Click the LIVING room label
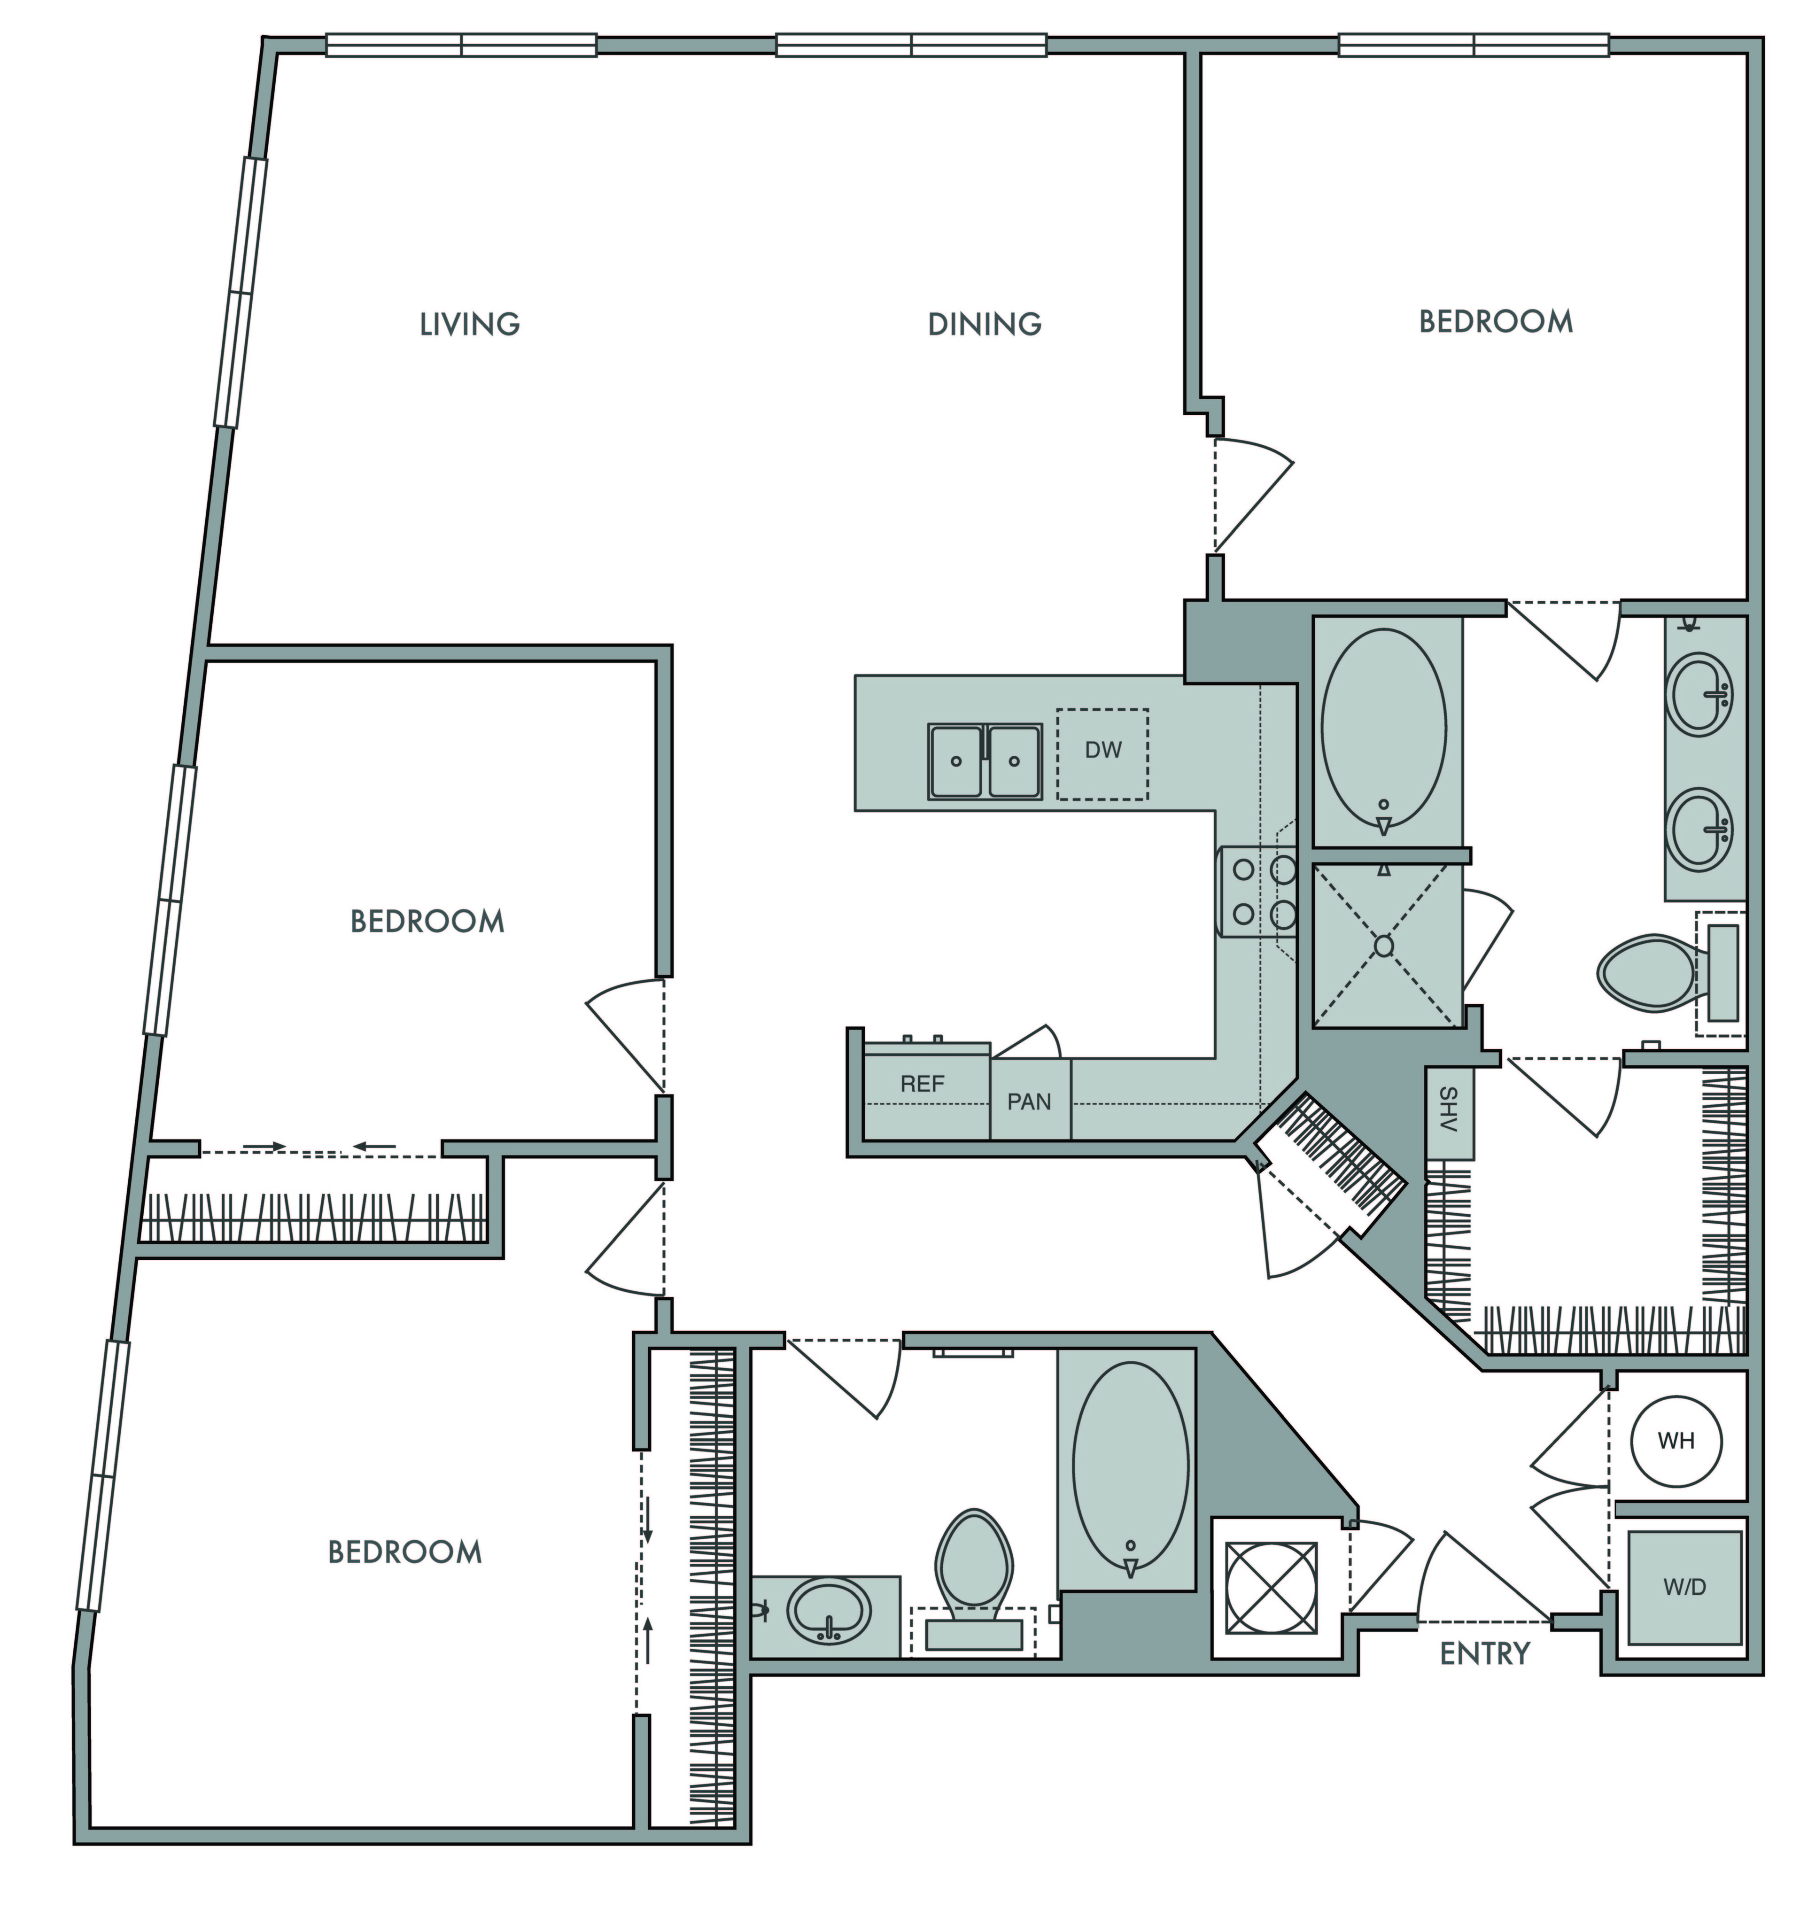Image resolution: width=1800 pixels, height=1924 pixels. (x=469, y=323)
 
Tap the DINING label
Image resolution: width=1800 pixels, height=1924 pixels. (x=984, y=323)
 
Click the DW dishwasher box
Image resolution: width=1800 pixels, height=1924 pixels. (x=1102, y=754)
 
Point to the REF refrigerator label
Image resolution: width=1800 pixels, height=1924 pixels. (x=922, y=1084)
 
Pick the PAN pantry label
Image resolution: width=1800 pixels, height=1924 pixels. (x=1029, y=1102)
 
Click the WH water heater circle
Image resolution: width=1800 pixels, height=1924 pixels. (x=1676, y=1441)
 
